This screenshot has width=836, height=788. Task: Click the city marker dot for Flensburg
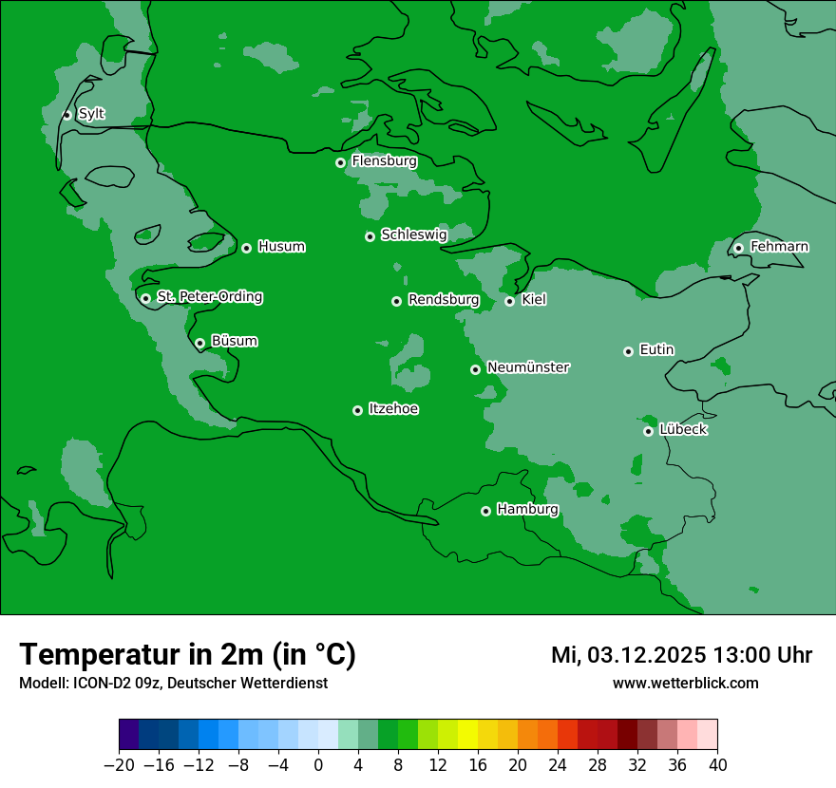coord(340,162)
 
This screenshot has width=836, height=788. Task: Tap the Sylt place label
coord(91,114)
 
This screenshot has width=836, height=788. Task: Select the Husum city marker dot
coord(246,248)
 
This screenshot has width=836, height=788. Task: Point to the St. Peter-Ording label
coord(209,297)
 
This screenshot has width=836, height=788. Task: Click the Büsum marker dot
coord(199,344)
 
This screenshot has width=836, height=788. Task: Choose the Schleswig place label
coord(413,235)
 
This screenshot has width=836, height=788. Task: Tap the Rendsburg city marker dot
coord(396,301)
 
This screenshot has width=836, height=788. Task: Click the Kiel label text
coord(534,300)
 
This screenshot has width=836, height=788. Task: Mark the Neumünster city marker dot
coord(475,369)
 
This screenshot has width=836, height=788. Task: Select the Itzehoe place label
coord(393,409)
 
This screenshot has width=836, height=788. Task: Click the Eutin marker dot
coord(628,351)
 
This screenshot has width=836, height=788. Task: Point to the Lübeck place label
coord(683,430)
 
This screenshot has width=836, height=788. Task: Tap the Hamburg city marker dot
coord(485,511)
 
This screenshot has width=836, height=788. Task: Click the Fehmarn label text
coord(779,247)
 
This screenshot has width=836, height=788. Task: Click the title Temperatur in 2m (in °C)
coord(187,654)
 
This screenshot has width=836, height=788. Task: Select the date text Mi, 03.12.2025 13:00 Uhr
coord(681,655)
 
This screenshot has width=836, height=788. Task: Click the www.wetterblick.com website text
coord(685,683)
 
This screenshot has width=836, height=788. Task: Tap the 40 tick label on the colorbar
coord(717,765)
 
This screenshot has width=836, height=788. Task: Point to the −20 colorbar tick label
coord(119,765)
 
